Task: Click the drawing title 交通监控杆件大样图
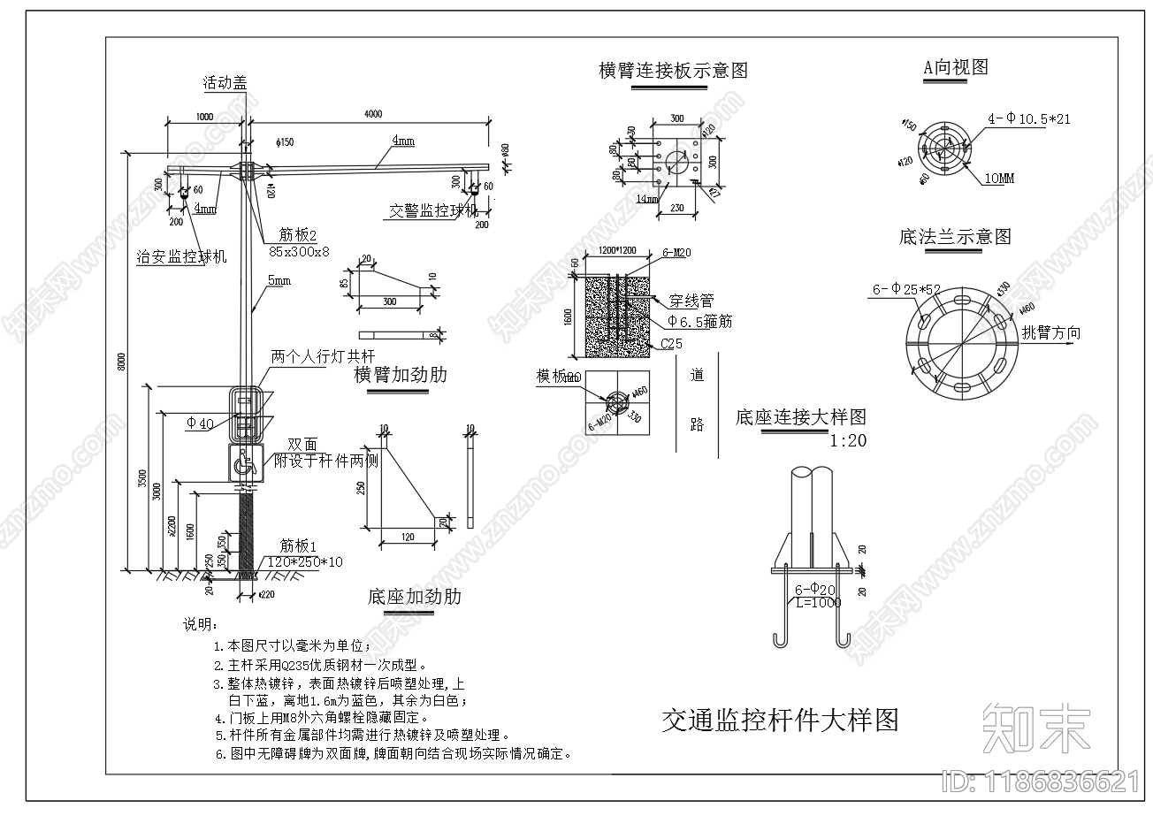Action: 780,720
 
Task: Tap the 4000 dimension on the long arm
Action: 373,113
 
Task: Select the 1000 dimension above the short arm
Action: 204,116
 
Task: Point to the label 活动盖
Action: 224,84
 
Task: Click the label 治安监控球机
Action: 182,256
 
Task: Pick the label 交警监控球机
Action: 433,211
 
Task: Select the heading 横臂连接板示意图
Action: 673,70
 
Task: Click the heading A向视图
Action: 955,67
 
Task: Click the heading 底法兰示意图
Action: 954,237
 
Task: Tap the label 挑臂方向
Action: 1050,333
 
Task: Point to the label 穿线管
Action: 691,301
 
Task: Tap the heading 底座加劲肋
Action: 414,597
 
